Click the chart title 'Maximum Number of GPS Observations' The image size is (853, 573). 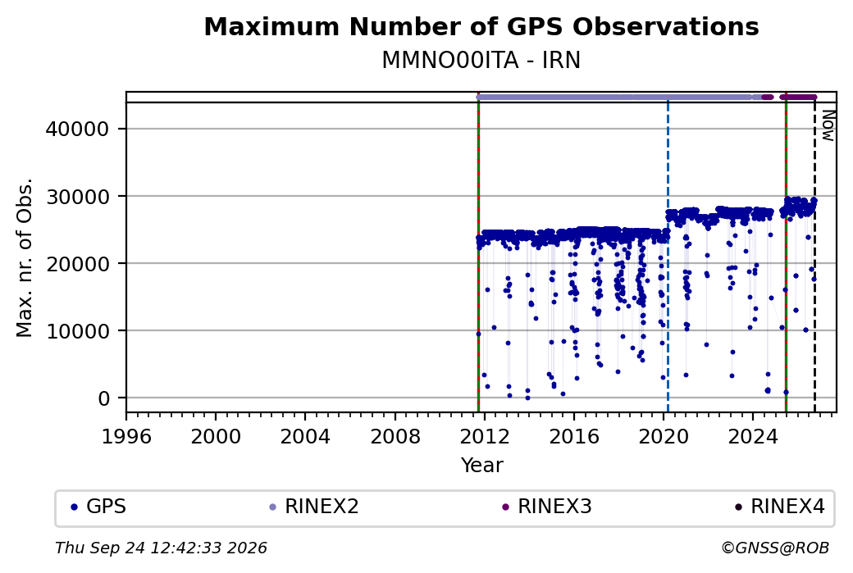tap(481, 26)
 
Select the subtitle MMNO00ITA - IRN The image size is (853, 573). tap(481, 60)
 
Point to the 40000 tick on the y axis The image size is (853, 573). tap(77, 129)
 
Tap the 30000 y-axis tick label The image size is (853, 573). tap(77, 196)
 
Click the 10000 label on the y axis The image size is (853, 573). tap(77, 330)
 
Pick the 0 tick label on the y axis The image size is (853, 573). tap(104, 398)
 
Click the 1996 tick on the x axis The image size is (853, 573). tap(126, 436)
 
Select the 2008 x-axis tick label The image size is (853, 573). tap(395, 436)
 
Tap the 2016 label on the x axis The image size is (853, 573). tap(574, 436)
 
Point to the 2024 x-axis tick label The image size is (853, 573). tap(753, 436)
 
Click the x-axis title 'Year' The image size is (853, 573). tap(482, 466)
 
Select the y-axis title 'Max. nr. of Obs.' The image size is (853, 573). tap(25, 257)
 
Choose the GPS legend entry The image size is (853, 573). tap(98, 507)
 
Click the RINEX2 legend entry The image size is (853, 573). tap(314, 507)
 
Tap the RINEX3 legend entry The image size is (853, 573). tap(547, 507)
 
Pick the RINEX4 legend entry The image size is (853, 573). tap(779, 507)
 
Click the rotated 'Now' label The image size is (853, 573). tap(828, 125)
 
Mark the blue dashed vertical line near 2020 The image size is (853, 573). tap(668, 257)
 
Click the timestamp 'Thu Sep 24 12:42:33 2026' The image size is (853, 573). tap(161, 548)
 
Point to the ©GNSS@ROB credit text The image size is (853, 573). tap(775, 548)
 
